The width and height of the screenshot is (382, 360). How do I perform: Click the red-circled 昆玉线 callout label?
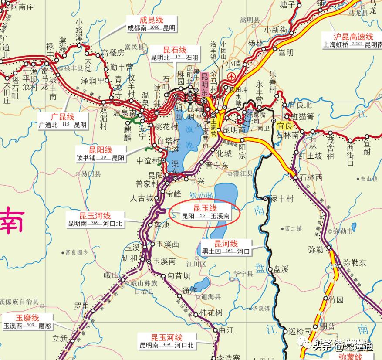point(205,208)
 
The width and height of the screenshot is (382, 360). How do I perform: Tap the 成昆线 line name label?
point(151,20)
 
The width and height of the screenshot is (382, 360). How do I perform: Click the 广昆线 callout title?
point(62,117)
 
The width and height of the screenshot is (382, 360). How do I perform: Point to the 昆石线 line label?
point(174,50)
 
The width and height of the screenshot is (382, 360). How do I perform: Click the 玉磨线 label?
point(27,318)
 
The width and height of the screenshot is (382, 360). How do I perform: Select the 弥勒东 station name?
point(355,263)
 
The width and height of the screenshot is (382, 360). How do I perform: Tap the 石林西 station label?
point(311,177)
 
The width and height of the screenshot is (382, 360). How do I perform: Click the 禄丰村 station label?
point(282,199)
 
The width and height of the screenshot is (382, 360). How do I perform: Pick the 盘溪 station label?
point(281,269)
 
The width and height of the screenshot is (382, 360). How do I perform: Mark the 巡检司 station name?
point(301,331)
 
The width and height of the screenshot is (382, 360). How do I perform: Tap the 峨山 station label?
point(112,275)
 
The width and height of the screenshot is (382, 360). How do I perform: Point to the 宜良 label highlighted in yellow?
point(284,125)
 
